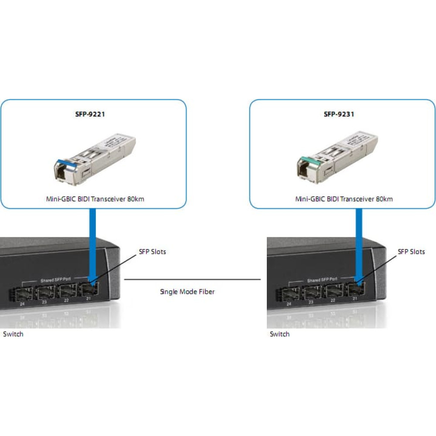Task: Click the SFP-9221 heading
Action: pos(94,115)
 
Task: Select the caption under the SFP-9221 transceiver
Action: pos(94,199)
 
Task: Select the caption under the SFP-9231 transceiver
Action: pos(344,199)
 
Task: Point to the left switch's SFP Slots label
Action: pos(152,252)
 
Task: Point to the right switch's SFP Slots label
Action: pos(411,252)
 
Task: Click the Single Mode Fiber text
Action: pos(187,292)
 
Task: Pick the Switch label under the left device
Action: pos(13,334)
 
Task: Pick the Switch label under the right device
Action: pos(279,334)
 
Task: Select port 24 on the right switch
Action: pos(289,294)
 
